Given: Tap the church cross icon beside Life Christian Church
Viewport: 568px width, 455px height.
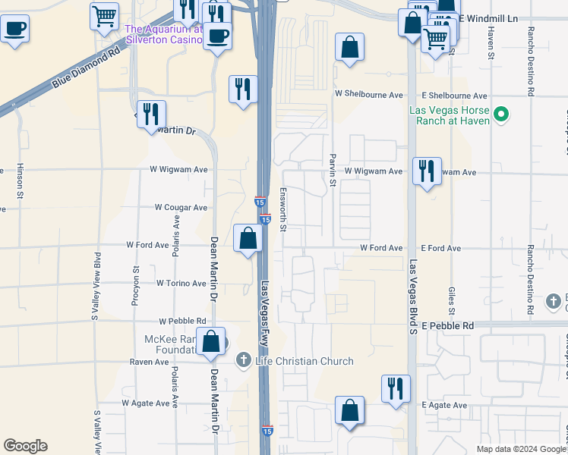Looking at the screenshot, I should [243, 359].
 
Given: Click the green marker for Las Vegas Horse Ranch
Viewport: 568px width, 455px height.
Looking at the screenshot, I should [500, 116].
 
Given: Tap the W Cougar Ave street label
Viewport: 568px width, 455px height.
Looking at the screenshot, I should [181, 207].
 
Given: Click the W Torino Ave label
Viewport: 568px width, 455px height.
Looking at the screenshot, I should [181, 283].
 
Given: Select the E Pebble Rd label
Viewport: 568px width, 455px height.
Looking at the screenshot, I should [448, 325].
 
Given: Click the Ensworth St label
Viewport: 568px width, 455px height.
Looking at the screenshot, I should [282, 210].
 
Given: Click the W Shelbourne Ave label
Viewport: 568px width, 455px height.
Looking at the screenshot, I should [369, 96].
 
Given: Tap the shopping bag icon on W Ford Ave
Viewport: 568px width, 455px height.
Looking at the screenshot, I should [248, 239].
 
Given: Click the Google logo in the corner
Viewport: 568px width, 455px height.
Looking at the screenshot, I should [25, 446].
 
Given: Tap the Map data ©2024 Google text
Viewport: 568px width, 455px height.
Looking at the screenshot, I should [521, 449].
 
